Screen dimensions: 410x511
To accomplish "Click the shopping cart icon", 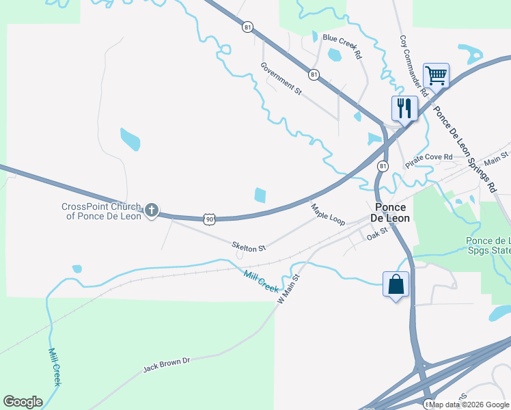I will (436, 74).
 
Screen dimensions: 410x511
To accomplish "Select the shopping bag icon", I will (396, 284).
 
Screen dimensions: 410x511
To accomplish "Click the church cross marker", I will (151, 210).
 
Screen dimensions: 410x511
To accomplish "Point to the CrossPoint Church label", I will (101, 211).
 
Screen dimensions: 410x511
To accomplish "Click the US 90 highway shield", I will (210, 219).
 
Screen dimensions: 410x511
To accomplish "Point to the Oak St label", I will (376, 233).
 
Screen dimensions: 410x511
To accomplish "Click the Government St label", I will (281, 77).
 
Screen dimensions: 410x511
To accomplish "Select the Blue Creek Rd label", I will (342, 46).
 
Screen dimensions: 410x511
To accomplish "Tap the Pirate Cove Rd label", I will (429, 161).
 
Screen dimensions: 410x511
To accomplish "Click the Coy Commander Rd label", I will (413, 65).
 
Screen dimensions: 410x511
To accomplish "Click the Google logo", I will (23, 402).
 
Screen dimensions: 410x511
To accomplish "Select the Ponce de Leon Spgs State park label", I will (488, 245).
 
